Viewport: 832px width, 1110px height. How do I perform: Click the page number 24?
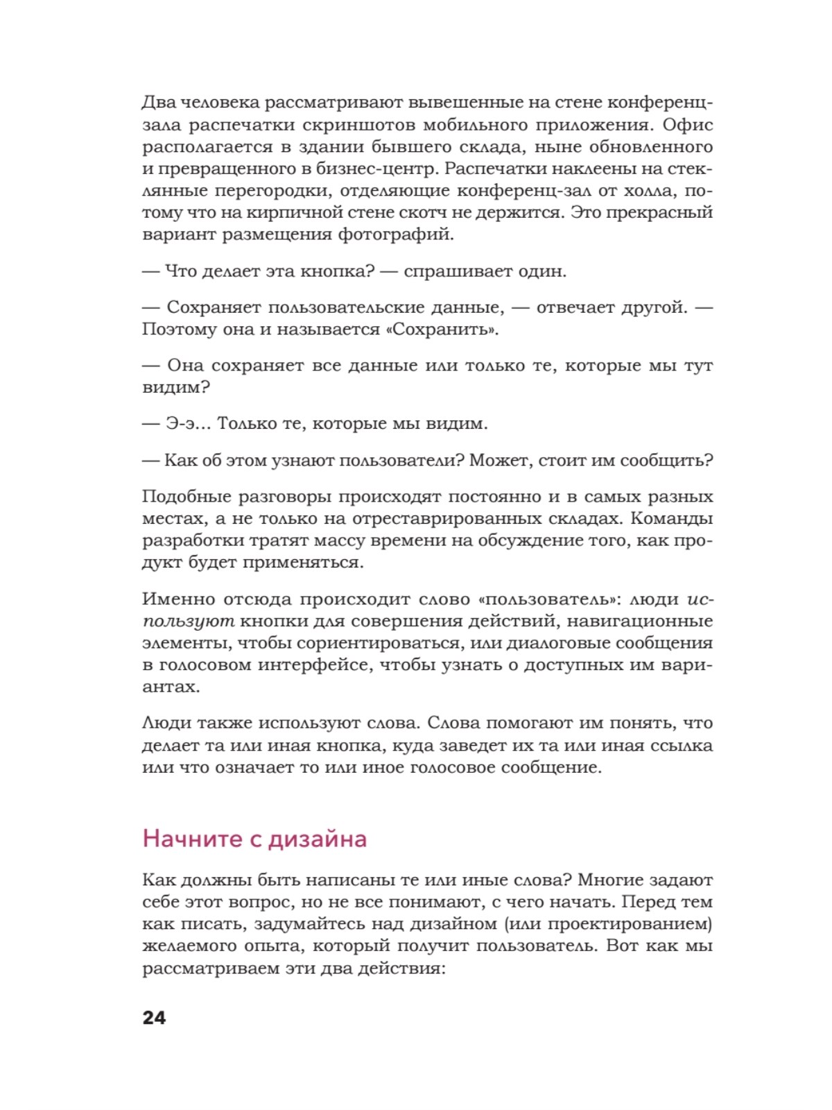tap(154, 1018)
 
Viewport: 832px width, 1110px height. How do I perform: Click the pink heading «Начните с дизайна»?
tap(254, 839)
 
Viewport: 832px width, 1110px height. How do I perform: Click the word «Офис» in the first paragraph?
tap(687, 125)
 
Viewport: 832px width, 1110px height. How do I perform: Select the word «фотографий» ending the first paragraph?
tap(396, 234)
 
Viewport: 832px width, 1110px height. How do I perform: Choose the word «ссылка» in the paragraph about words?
tap(681, 746)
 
